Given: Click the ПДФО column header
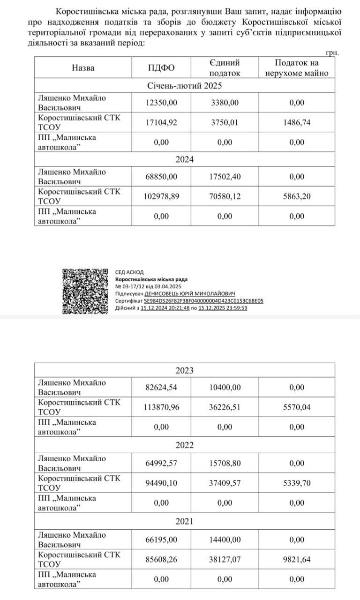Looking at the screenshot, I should [161, 68].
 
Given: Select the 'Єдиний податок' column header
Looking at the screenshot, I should [225, 68].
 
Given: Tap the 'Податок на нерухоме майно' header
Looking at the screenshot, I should [297, 68].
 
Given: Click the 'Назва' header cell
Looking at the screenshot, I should [83, 68].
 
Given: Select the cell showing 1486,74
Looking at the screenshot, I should [297, 123].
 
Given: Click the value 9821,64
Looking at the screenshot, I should [297, 559].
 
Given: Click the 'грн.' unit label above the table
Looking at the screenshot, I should [331, 53].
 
